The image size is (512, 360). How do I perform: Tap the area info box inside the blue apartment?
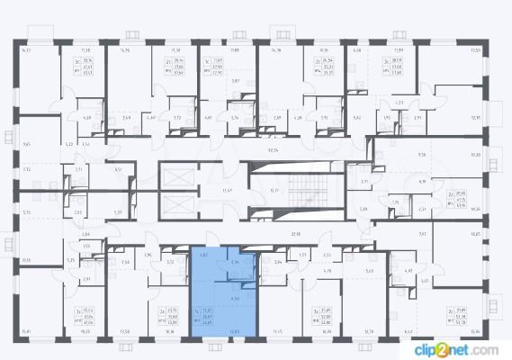click(206, 315)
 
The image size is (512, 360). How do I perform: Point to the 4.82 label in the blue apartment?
click(202, 256)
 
